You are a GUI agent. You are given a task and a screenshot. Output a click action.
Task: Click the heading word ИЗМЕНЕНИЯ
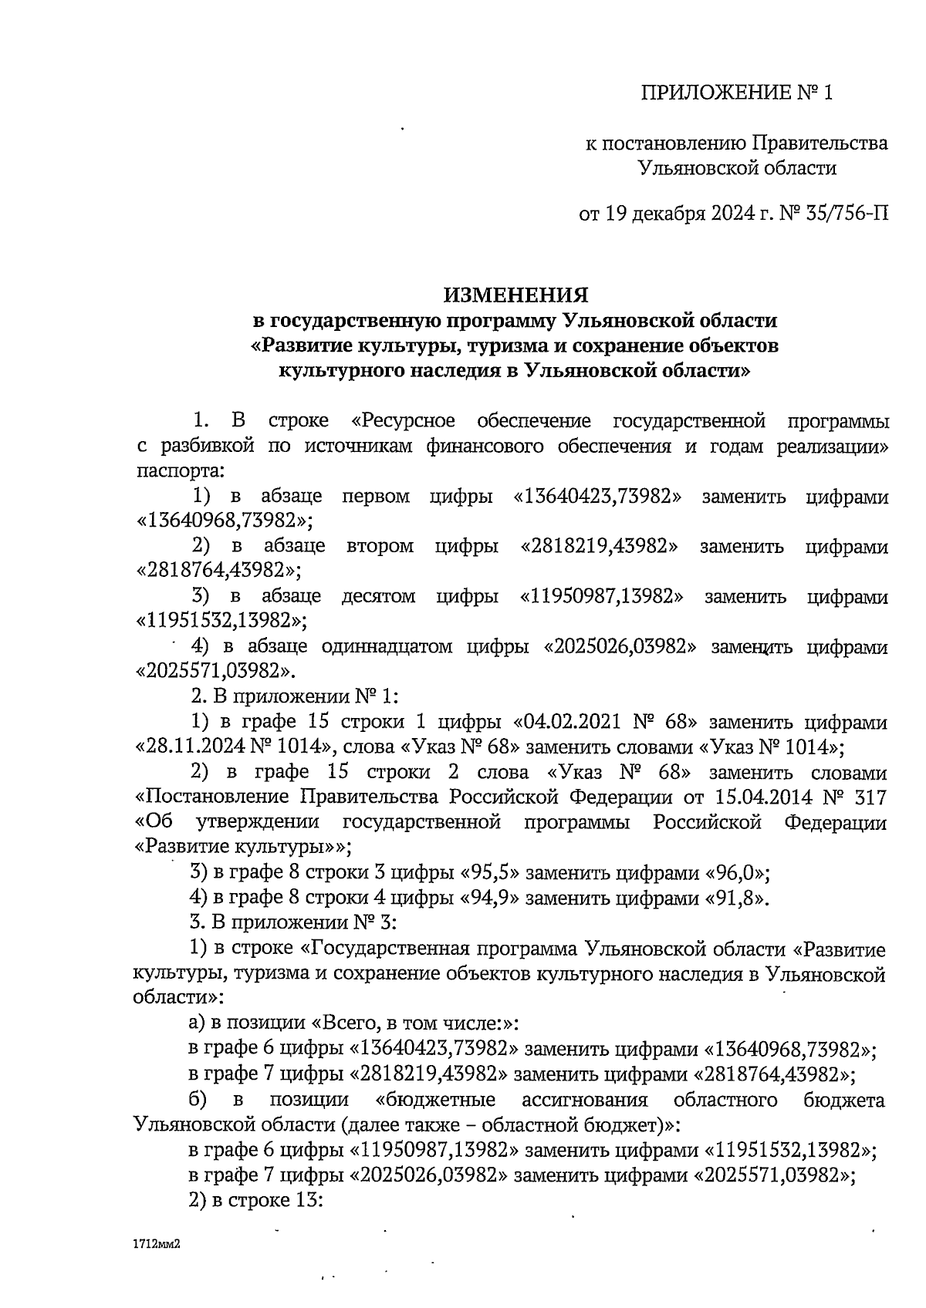pyautogui.click(x=515, y=295)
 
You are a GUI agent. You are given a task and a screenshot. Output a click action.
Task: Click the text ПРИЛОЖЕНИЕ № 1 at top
pyautogui.click(x=738, y=94)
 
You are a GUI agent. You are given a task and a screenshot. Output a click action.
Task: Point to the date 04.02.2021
pyautogui.click(x=569, y=723)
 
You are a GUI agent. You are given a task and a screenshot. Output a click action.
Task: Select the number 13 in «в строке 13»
pyautogui.click(x=303, y=1200)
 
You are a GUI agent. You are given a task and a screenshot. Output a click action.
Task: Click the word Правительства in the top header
pyautogui.click(x=819, y=143)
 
